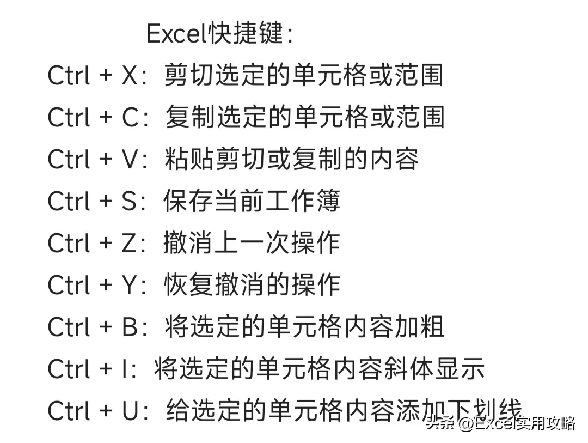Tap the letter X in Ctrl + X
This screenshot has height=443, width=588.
(x=130, y=75)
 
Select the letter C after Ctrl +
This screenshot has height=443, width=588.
(x=131, y=117)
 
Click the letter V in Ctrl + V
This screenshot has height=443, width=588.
(x=131, y=159)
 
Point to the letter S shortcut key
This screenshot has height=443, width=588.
(x=130, y=201)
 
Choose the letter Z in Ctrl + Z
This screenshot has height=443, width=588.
(x=130, y=243)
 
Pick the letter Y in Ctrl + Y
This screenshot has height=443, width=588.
(x=130, y=285)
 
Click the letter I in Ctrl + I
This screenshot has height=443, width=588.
(x=125, y=369)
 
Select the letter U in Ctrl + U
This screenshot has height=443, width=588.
(x=131, y=411)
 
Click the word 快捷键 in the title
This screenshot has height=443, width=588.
(x=246, y=33)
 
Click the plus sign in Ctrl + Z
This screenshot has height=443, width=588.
(x=106, y=242)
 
